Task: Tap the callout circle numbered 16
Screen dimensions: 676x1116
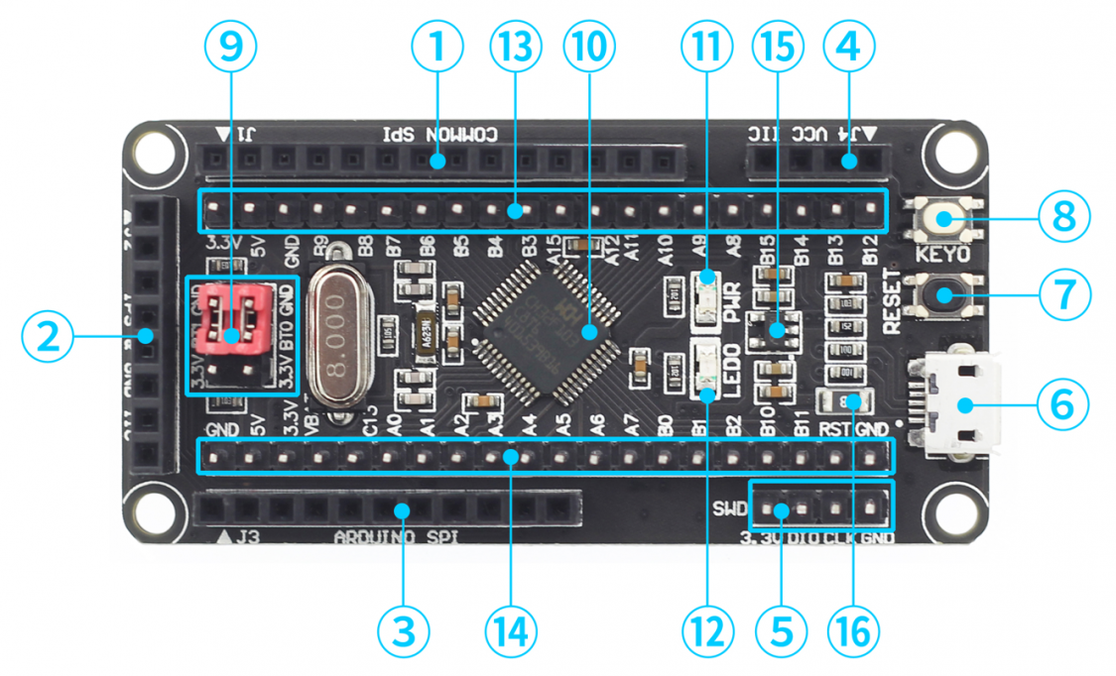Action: coord(851,629)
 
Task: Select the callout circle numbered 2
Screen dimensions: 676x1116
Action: coord(48,337)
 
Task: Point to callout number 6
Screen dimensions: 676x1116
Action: coord(1063,403)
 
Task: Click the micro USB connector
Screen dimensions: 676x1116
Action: coord(957,404)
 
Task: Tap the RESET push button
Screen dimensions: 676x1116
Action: coord(942,294)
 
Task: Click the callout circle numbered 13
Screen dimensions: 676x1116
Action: coord(515,47)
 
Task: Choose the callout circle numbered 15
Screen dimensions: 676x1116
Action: coord(777,47)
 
